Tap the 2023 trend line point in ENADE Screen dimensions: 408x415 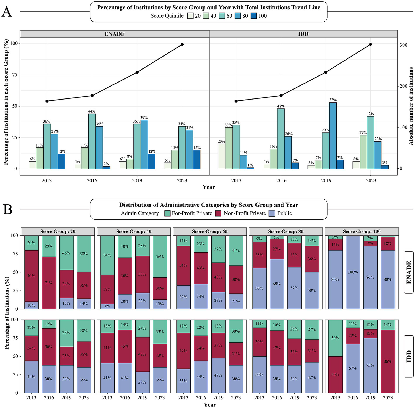click(182, 44)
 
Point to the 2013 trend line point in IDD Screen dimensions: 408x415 click(236, 101)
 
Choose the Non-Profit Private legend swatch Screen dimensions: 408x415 click(219, 213)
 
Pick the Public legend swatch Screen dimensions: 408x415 click(272, 213)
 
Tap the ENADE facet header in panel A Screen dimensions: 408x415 click(114, 34)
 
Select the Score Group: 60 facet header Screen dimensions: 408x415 click(210, 232)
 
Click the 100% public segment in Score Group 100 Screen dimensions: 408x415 click(353, 272)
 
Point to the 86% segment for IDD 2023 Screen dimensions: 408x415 click(388, 361)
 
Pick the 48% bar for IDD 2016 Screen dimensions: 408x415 click(281, 139)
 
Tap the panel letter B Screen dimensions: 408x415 click(7, 209)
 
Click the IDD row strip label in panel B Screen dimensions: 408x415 click(409, 356)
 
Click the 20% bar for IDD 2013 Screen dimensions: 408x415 click(222, 156)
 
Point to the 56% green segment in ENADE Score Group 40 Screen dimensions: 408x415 click(160, 256)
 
